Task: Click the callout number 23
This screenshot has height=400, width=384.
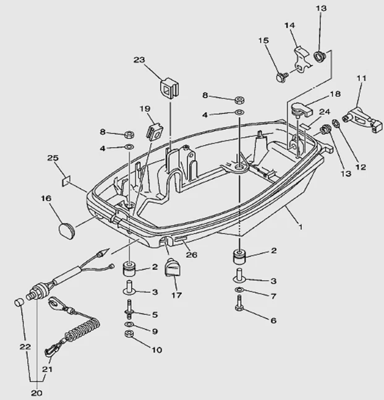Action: pos(139,60)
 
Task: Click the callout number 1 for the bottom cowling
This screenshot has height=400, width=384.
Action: pos(301,228)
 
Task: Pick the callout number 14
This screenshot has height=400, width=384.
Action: pos(289,25)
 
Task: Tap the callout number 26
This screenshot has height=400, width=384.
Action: pos(192,253)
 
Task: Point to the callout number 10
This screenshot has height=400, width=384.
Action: pos(156,350)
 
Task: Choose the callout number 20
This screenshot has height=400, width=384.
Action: pos(36,392)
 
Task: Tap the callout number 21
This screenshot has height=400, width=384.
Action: pos(47,369)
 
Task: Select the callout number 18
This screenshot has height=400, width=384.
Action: pos(335,94)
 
